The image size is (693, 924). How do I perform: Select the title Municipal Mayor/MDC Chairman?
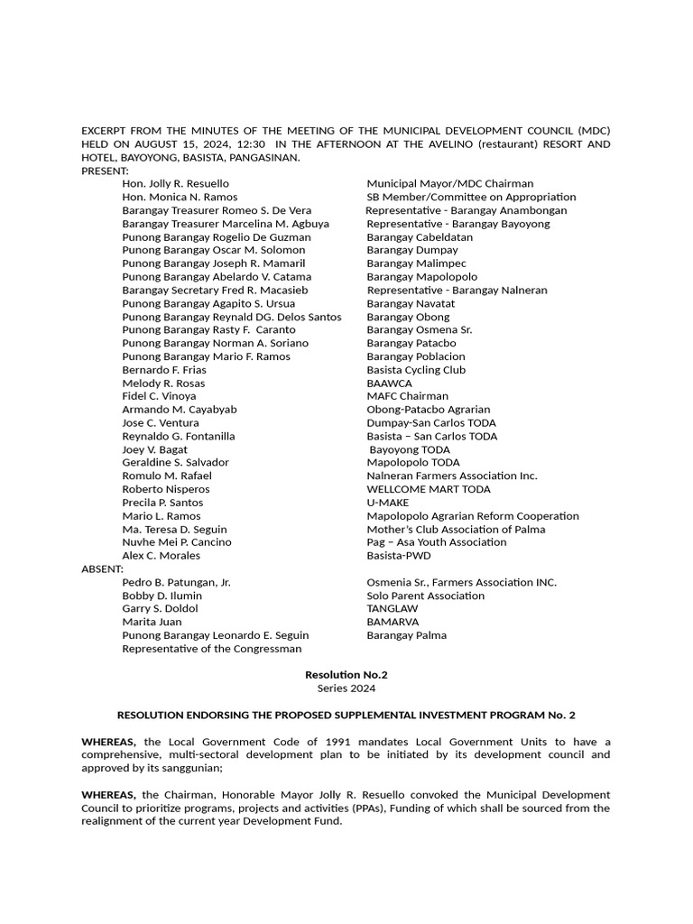[449, 184]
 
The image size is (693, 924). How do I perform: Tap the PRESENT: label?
[105, 171]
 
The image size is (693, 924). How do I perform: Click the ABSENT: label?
[102, 569]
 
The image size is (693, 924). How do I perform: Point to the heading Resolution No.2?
[346, 675]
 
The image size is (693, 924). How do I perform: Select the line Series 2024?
[346, 688]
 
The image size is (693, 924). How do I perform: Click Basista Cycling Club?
[416, 370]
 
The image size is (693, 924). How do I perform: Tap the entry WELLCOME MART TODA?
[429, 489]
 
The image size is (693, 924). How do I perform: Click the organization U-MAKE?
[388, 503]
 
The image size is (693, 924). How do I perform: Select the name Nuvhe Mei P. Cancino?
[177, 542]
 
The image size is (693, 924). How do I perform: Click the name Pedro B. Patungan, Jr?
[176, 583]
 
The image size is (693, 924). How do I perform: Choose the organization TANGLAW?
[393, 609]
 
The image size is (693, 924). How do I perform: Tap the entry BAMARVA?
[393, 622]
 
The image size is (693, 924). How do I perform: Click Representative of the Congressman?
[212, 649]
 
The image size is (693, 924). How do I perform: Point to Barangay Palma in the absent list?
[406, 635]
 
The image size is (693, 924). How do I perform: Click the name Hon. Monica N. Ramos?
[180, 198]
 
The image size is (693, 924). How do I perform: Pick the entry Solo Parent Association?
[425, 596]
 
